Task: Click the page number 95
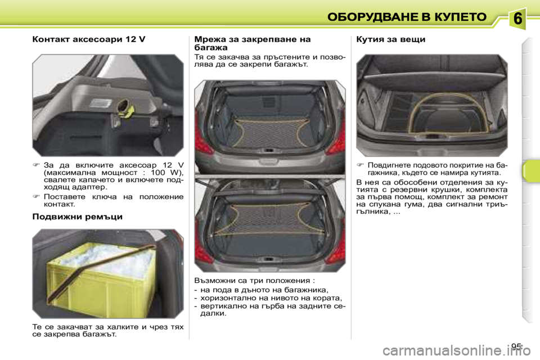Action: [x=516, y=346]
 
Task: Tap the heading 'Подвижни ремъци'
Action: [x=77, y=217]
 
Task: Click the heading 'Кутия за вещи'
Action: [x=391, y=40]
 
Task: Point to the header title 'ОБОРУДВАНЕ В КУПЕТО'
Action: [x=408, y=17]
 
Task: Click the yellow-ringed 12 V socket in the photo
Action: [x=124, y=106]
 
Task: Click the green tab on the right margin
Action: [x=530, y=171]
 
